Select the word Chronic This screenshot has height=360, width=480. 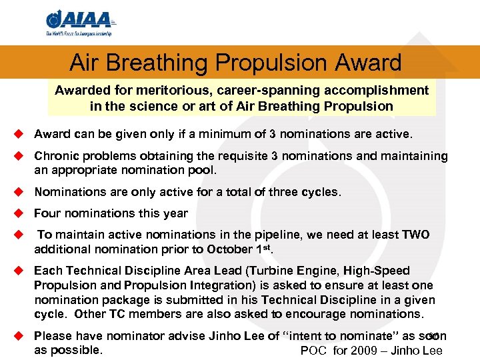(56, 156)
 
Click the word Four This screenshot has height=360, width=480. (47, 213)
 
